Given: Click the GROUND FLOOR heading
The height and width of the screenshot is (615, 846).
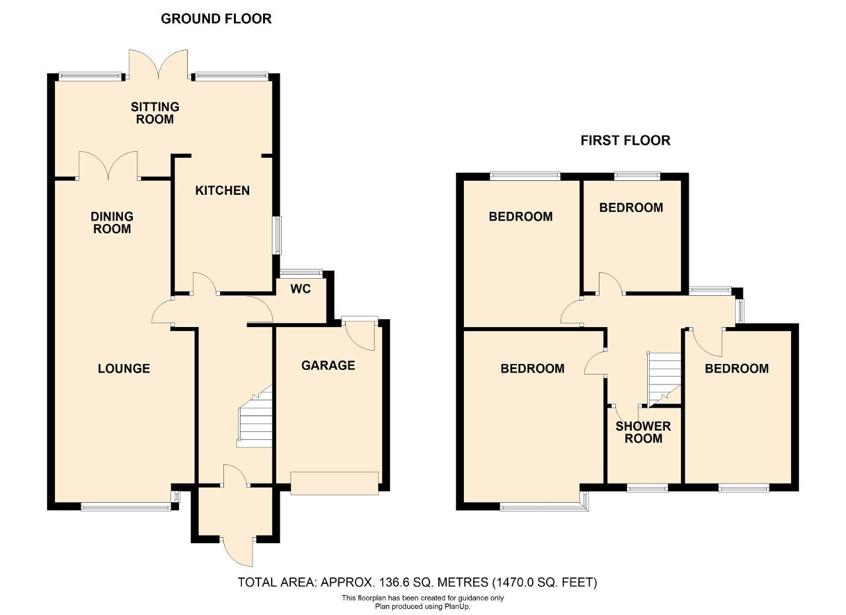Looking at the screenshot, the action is [x=216, y=19].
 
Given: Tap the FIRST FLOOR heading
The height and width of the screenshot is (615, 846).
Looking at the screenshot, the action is [x=625, y=141].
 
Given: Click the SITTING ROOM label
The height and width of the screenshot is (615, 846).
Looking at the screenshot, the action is [x=155, y=113].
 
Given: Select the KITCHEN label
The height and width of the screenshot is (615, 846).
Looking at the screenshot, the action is [x=223, y=190].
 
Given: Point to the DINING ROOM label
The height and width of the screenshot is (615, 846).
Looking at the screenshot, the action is [x=112, y=223].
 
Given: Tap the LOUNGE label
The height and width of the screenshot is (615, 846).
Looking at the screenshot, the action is [x=124, y=369].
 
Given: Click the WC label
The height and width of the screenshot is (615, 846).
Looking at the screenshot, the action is [x=301, y=289].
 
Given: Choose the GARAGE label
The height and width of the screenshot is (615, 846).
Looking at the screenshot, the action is [x=328, y=365].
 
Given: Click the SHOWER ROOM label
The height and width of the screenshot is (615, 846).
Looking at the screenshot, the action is [x=643, y=432].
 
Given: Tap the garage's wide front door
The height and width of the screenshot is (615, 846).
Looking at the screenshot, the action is [x=334, y=483].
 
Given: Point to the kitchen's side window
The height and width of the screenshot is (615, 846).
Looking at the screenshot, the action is [x=278, y=235].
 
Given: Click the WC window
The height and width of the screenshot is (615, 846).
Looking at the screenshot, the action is [x=301, y=272].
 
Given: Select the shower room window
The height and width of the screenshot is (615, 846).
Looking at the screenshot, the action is [x=647, y=489].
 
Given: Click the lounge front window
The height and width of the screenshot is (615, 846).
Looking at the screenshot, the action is [x=126, y=507].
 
